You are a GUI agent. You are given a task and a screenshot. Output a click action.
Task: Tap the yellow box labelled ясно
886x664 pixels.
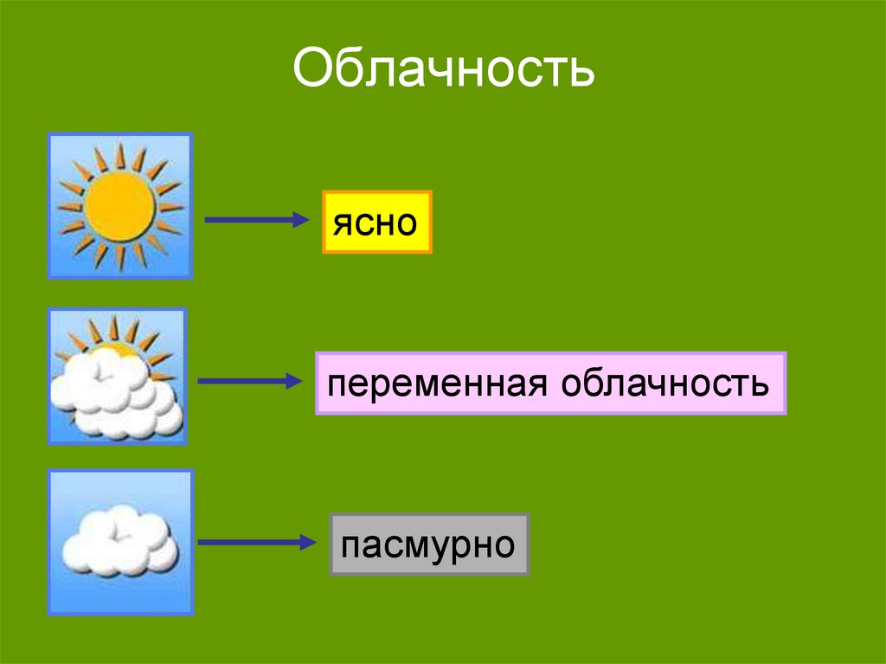click(x=376, y=222)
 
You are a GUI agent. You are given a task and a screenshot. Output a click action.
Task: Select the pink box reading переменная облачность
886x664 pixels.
click(x=550, y=384)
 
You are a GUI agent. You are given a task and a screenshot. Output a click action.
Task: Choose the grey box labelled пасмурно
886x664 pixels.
click(x=429, y=545)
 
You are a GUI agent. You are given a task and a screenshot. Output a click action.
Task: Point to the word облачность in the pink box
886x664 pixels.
click(x=664, y=384)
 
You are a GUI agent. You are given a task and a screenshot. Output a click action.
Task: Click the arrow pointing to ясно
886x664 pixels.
click(x=255, y=220)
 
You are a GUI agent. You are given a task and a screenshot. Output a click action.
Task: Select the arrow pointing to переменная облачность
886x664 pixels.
click(x=248, y=381)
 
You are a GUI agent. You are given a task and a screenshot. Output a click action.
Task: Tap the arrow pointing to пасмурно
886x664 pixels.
click(x=255, y=543)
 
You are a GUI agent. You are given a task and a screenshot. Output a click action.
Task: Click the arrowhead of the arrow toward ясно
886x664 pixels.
click(x=299, y=220)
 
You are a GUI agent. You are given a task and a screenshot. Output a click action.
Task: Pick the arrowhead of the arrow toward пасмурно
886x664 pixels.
click(x=305, y=543)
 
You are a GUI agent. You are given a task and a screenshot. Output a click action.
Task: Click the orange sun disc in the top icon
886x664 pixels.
click(x=120, y=206)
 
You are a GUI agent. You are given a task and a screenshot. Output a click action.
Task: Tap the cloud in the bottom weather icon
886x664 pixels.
click(x=120, y=541)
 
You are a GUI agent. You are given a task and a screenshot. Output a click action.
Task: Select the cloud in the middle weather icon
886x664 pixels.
click(x=116, y=394)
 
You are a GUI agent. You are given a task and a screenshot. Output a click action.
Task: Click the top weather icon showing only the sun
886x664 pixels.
click(x=120, y=206)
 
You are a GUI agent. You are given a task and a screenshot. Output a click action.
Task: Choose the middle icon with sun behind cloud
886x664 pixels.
click(x=118, y=377)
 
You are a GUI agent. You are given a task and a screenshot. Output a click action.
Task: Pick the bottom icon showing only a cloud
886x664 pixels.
click(x=120, y=542)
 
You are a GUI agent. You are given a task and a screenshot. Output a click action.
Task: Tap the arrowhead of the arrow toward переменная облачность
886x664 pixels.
click(x=292, y=381)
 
